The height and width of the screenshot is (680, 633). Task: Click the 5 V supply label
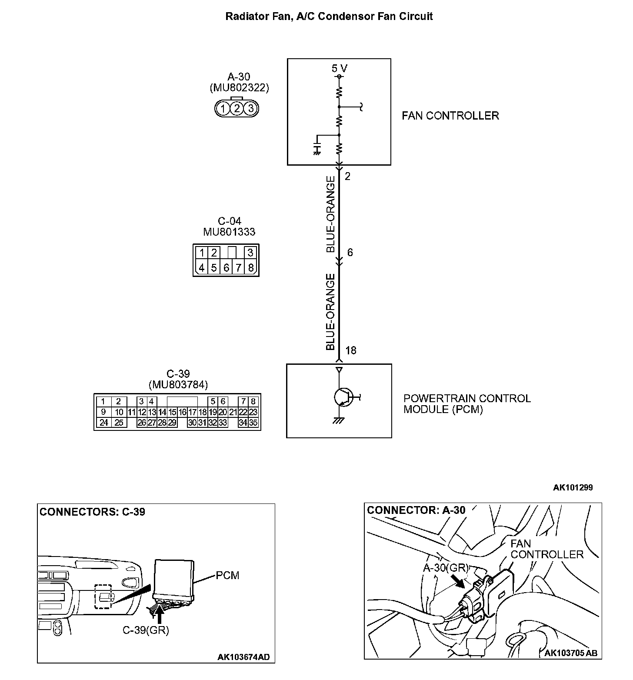click(x=340, y=69)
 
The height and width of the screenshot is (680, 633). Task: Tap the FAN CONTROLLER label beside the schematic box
click(x=450, y=116)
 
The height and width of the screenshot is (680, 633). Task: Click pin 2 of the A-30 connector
click(x=237, y=108)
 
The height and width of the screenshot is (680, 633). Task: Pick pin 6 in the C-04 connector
click(x=226, y=267)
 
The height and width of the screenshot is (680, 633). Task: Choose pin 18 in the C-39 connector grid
click(x=202, y=412)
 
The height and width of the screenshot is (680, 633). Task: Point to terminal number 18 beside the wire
click(x=350, y=350)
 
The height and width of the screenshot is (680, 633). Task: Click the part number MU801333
click(x=229, y=232)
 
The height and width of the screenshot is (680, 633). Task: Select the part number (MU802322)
click(x=239, y=88)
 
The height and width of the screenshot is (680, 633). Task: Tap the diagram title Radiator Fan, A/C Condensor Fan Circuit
click(x=329, y=17)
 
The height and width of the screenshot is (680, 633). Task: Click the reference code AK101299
click(x=573, y=487)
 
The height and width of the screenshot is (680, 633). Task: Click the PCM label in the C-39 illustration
click(x=227, y=576)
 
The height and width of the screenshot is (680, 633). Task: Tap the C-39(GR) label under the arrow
click(x=145, y=630)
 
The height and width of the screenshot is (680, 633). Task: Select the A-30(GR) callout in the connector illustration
click(x=446, y=568)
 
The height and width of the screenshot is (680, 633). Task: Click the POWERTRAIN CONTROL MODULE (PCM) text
click(x=466, y=404)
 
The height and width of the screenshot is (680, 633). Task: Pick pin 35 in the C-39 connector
click(x=253, y=422)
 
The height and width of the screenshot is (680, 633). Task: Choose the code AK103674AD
click(x=243, y=657)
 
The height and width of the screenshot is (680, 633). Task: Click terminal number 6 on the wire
click(x=350, y=253)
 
